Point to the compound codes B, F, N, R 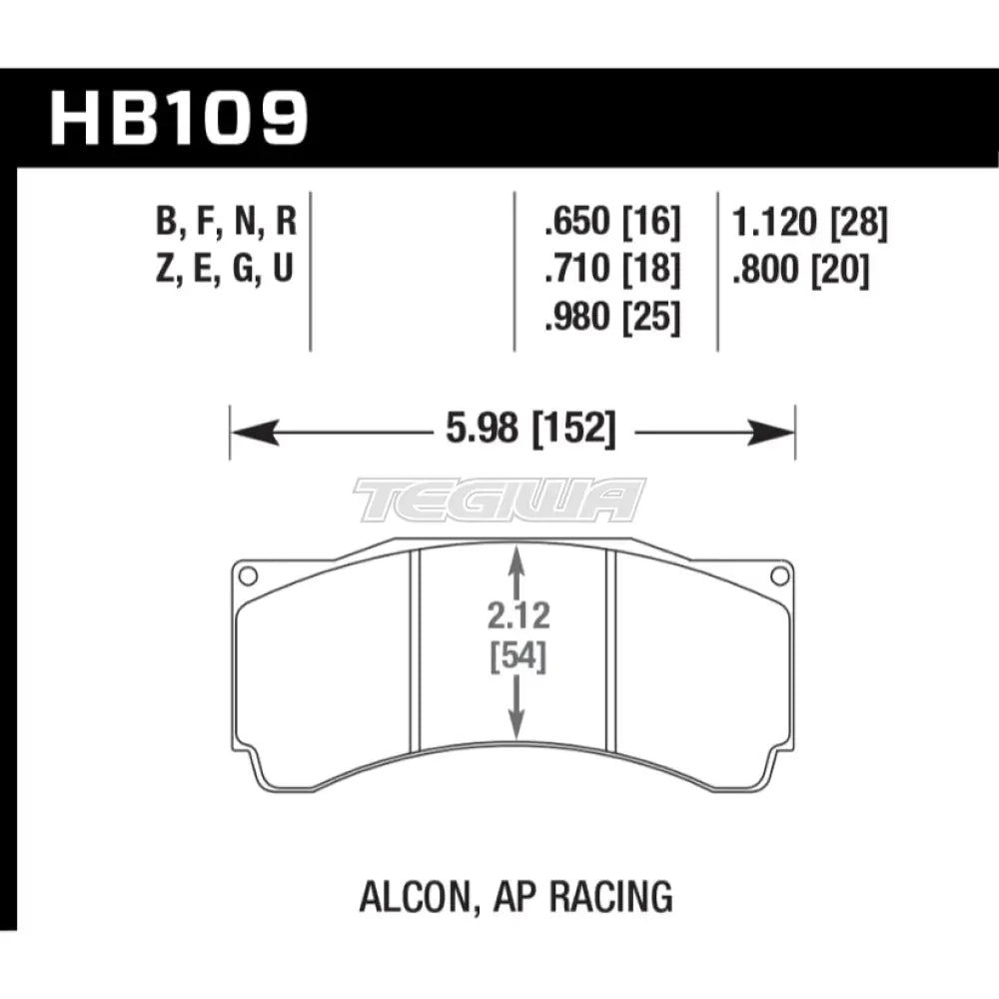(x=226, y=223)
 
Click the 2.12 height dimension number (x=516, y=616)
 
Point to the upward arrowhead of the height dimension (x=516, y=566)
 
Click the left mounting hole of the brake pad (x=248, y=575)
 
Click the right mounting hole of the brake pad (x=780, y=575)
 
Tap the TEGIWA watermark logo (x=499, y=499)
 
